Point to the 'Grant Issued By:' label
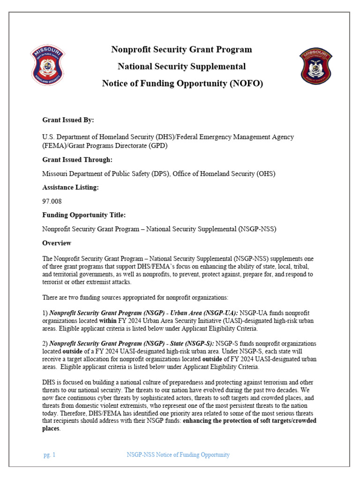point(68,120)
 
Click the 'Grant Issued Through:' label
point(77,159)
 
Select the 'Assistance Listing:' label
point(71,187)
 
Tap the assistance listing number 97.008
point(52,201)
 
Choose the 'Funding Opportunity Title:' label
point(84,215)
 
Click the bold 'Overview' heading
point(57,243)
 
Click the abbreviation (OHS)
point(265,173)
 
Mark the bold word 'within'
point(108,321)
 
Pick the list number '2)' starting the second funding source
point(45,344)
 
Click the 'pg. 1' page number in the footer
point(49,455)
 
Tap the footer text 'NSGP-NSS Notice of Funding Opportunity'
point(178,455)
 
